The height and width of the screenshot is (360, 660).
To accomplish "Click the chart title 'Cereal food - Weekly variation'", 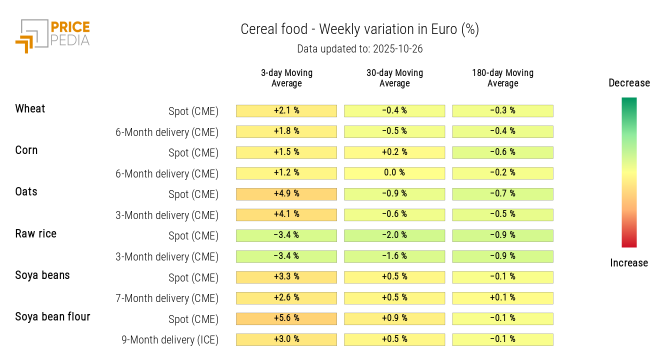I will tap(359, 29).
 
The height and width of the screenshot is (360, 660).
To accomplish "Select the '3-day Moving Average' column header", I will tap(286, 78).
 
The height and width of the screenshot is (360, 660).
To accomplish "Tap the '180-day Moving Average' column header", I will tap(502, 78).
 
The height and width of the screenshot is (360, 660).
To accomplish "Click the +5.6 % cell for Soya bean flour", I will tap(286, 318).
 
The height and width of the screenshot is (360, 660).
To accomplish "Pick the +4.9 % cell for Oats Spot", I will tap(286, 194).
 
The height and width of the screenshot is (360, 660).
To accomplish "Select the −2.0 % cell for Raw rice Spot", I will tap(394, 235).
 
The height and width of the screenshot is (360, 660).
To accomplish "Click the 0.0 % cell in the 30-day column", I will tap(394, 173).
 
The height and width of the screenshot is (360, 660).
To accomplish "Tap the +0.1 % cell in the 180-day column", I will tap(502, 298).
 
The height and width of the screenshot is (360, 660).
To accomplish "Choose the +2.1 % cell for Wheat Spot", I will tap(286, 110).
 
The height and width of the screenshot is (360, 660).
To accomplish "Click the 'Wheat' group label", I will tap(30, 108).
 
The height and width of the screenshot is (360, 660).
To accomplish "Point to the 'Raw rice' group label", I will tap(35, 233).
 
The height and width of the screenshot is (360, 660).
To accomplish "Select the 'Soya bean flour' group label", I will tap(52, 316).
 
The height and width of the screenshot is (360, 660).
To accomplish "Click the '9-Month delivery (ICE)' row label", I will tap(170, 340).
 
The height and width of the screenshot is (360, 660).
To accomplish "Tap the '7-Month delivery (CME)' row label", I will tap(167, 298).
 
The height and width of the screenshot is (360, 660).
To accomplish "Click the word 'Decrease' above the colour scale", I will tap(629, 83).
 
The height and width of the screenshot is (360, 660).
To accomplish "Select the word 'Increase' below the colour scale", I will tap(629, 263).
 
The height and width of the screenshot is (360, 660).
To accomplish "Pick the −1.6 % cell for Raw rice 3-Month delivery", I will tap(394, 256).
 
